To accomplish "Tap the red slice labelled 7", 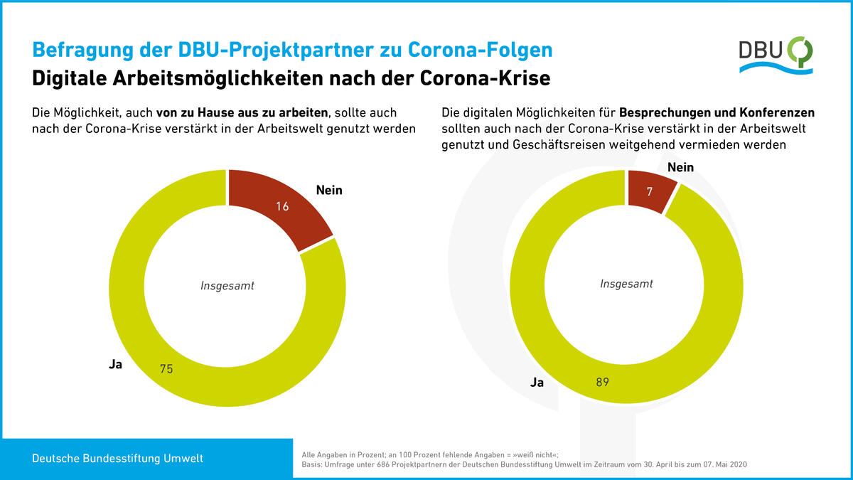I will (650, 193).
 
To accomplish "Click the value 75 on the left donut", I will (166, 369).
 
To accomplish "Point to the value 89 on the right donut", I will (603, 382).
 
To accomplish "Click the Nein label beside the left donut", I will (329, 190).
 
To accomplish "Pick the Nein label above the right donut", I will (680, 167).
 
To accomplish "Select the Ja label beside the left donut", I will (116, 365).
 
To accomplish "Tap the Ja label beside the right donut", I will (537, 383).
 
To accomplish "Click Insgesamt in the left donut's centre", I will (227, 286).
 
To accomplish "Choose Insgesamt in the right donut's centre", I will (626, 284).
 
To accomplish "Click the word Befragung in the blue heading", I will (75, 51).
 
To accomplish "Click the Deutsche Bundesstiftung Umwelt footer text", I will (117, 459).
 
